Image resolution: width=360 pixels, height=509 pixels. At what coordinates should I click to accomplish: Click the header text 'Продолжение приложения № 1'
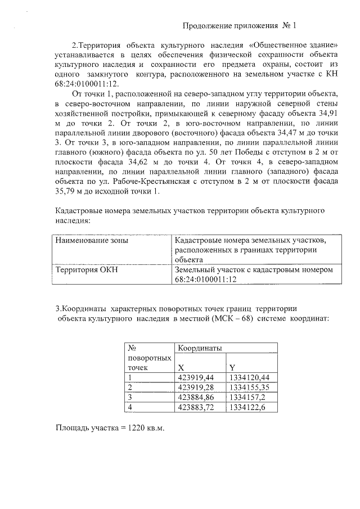(x=239, y=26)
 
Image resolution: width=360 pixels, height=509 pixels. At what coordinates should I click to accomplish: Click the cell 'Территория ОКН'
(x=85, y=269)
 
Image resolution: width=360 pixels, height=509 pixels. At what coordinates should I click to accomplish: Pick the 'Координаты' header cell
(x=197, y=349)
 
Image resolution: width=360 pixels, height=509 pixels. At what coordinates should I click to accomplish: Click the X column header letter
(x=181, y=367)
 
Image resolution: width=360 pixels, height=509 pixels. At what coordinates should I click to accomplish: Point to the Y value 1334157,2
(x=248, y=397)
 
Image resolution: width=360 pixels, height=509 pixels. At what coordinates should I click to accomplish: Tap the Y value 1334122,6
(x=248, y=407)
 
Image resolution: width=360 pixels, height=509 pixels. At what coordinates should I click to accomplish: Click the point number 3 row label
(x=130, y=397)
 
